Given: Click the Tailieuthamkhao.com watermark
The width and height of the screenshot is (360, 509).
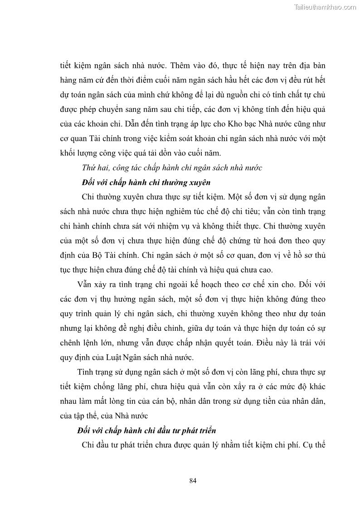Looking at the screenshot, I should pyautogui.click(x=326, y=7).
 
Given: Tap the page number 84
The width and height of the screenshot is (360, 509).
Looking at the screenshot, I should pyautogui.click(x=192, y=481).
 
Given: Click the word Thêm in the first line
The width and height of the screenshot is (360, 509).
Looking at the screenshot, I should pyautogui.click(x=184, y=65).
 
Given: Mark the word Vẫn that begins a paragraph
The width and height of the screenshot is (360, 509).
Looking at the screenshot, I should pyautogui.click(x=85, y=284).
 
